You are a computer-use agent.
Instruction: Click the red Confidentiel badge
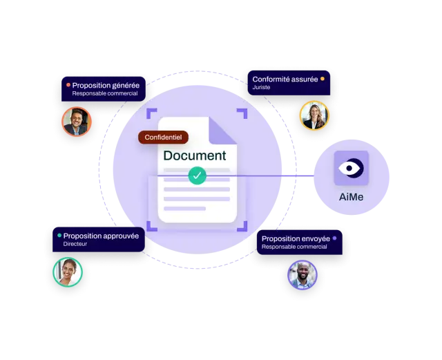pos(163,138)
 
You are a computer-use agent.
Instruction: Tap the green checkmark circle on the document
pos(197,176)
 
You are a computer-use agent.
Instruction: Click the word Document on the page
pos(195,155)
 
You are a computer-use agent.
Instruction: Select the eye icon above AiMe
pos(351,168)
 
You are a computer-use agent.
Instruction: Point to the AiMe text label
pos(351,197)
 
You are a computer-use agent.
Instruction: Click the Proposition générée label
pos(104,89)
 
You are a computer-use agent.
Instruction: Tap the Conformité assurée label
pos(289,83)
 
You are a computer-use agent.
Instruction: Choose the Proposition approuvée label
pos(99,240)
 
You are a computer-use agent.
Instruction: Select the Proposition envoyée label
pos(300,243)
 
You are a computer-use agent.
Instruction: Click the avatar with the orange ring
pos(77,122)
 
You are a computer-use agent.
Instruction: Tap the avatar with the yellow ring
pos(314,115)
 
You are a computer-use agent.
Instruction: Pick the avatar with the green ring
pos(68,272)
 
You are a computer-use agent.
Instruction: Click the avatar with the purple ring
pos(302,275)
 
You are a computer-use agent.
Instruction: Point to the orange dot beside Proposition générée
pos(68,84)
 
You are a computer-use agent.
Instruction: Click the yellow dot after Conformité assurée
pos(323,79)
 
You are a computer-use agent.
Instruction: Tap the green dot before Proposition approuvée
pos(59,236)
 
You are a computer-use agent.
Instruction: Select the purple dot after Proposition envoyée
pos(334,238)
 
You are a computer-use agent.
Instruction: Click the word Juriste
pos(261,87)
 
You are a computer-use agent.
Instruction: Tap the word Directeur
pos(75,244)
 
